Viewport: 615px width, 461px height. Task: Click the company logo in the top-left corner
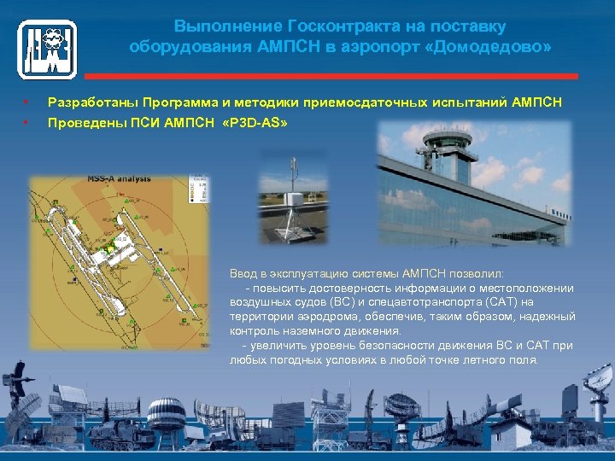tap(47, 50)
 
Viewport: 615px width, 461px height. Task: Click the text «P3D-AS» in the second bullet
tap(254, 124)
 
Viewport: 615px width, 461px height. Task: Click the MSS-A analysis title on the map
tap(119, 178)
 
